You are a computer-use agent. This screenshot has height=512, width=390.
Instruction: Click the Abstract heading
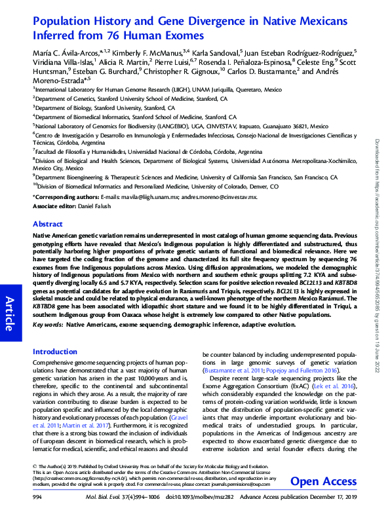tap(48, 223)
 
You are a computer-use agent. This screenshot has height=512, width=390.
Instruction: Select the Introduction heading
tap(54, 352)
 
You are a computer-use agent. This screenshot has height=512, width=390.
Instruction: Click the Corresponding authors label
tap(66, 196)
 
